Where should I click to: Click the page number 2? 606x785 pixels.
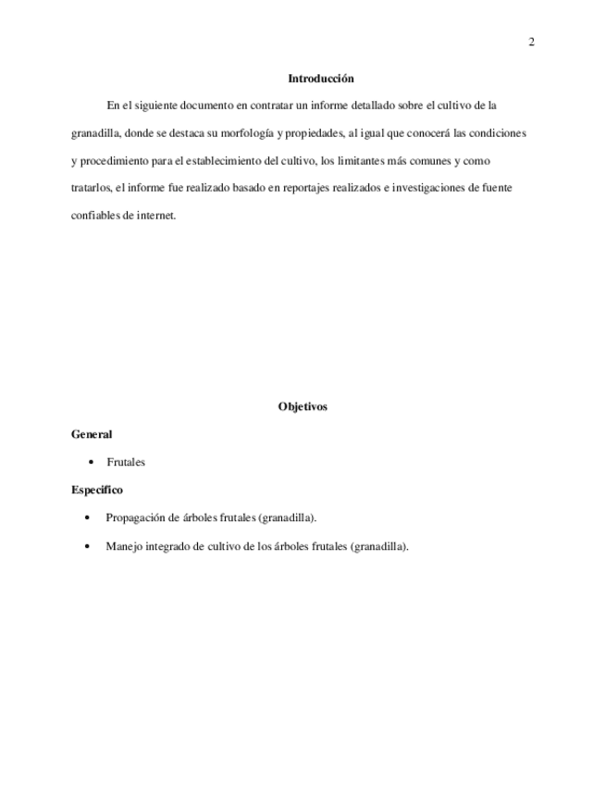click(531, 42)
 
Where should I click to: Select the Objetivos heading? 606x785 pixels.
click(303, 406)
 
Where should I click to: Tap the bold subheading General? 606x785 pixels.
click(92, 434)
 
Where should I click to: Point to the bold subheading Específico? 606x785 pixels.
click(97, 490)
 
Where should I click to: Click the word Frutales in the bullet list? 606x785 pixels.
click(126, 462)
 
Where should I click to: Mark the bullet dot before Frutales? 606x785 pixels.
click(90, 462)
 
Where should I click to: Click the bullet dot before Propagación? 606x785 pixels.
click(88, 517)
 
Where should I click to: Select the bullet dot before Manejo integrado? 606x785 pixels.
click(88, 546)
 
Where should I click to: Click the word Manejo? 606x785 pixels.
click(124, 546)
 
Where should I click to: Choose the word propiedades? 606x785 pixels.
click(315, 133)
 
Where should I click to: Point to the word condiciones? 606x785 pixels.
click(498, 133)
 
